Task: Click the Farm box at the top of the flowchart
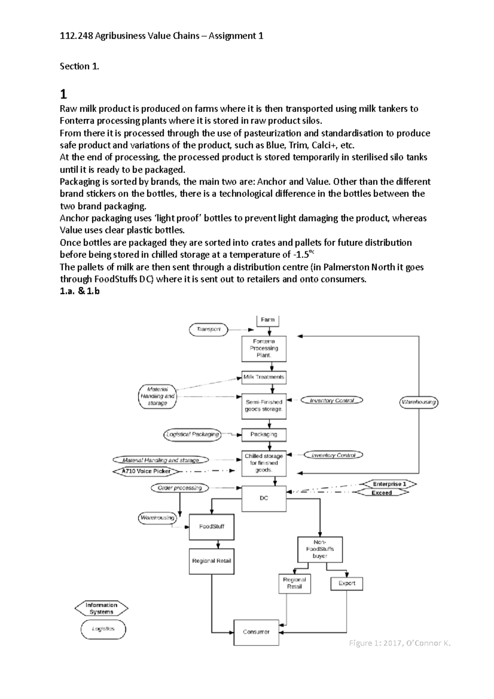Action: click(268, 320)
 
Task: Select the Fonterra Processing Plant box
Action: click(264, 348)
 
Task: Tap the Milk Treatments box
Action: click(264, 377)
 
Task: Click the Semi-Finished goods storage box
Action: click(264, 406)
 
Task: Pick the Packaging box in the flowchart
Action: click(264, 434)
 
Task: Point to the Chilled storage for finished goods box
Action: click(264, 463)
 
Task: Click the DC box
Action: click(264, 498)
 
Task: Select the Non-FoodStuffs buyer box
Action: click(320, 549)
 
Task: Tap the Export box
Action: click(347, 583)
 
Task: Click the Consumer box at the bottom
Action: click(256, 632)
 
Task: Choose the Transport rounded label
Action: click(208, 329)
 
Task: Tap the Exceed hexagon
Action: click(382, 493)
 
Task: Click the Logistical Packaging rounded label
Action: click(192, 435)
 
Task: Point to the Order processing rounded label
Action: click(179, 488)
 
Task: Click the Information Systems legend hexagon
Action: click(101, 608)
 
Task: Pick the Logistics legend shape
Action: click(103, 629)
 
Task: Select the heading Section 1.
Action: click(79, 66)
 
